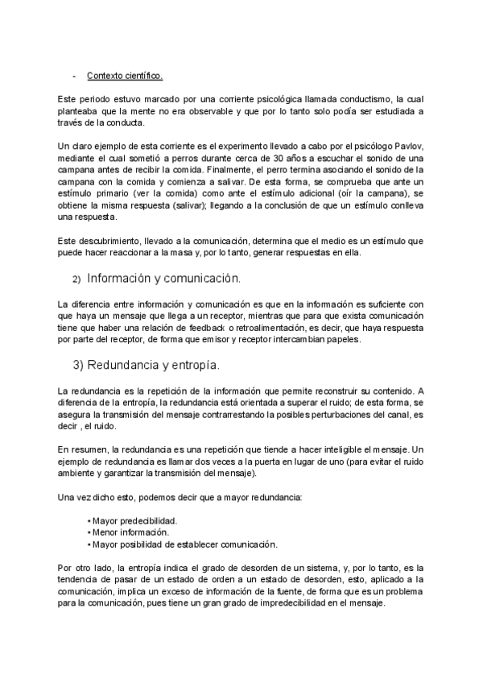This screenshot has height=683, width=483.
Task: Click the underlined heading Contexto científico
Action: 124,77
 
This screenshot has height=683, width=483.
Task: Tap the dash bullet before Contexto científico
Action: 75,77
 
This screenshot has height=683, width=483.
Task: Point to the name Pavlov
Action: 406,146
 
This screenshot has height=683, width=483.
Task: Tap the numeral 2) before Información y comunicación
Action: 76,279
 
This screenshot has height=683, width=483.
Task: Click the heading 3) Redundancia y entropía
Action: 147,365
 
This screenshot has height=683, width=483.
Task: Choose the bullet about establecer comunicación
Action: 174,544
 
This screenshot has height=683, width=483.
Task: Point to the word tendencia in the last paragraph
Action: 80,580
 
